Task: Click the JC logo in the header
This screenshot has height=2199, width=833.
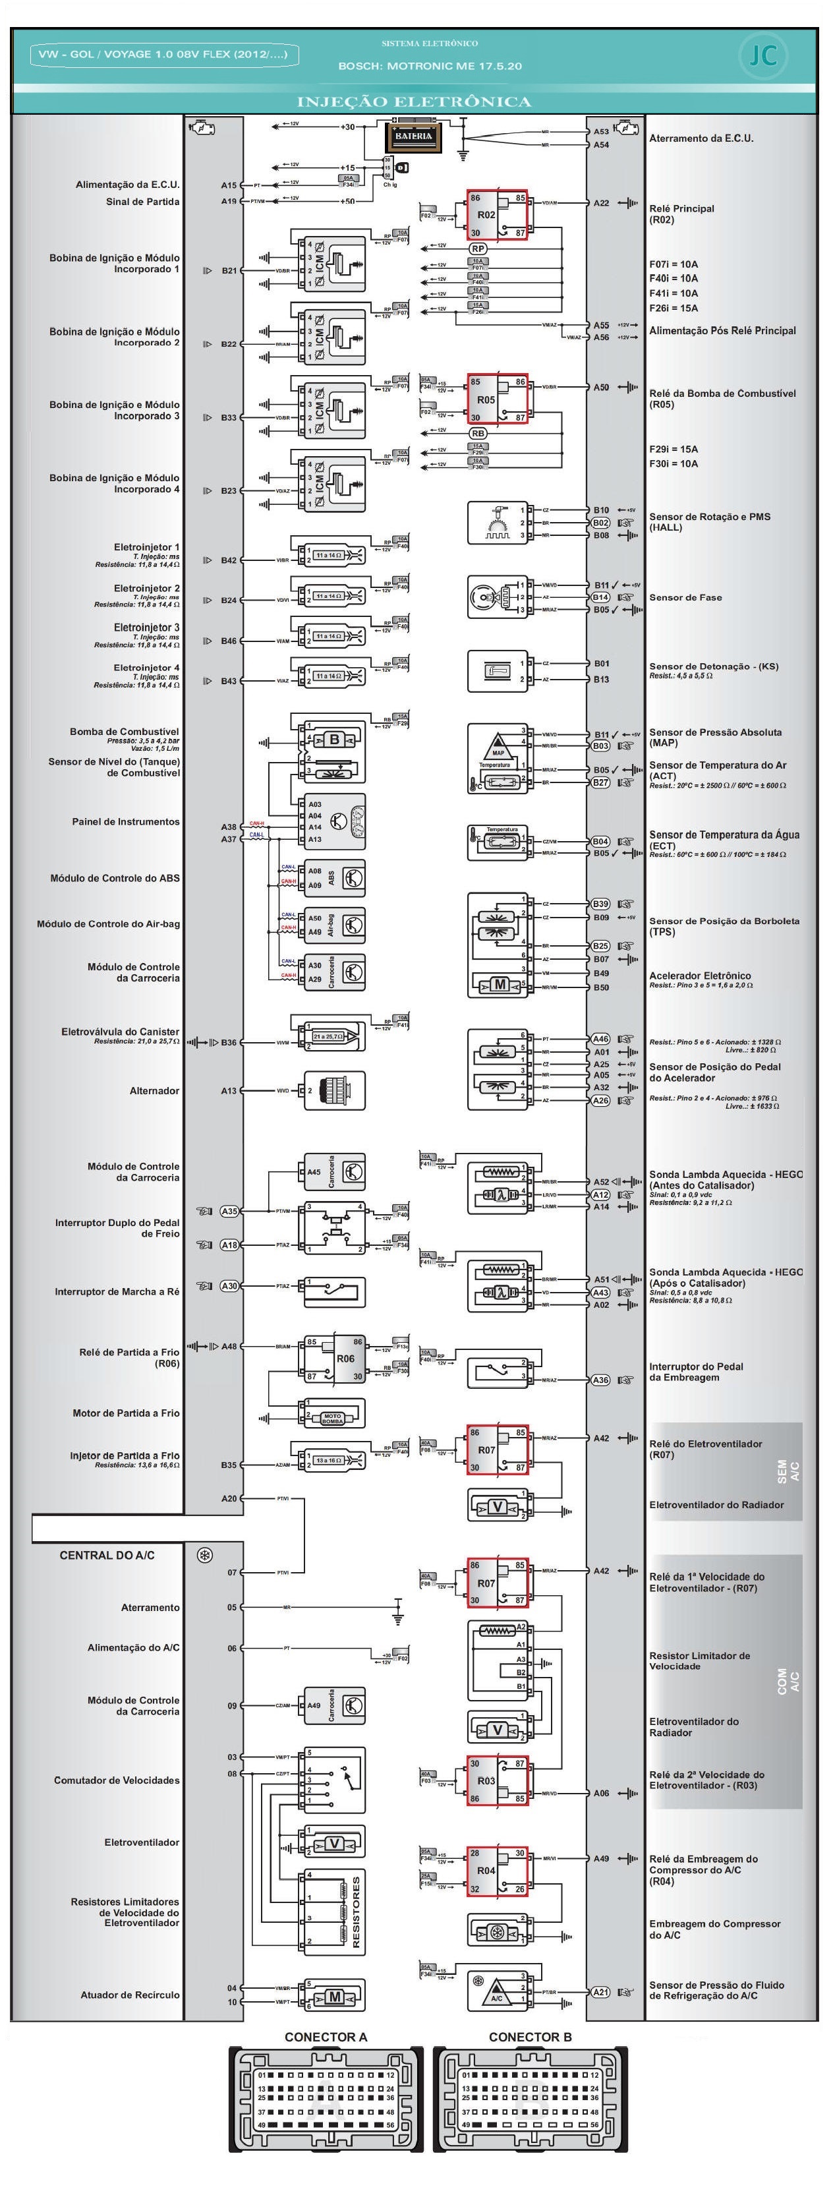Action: click(762, 56)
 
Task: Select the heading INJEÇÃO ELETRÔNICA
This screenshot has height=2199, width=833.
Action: click(414, 102)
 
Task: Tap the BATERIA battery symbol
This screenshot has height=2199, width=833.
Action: click(413, 137)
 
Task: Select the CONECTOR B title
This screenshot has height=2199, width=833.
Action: click(530, 2037)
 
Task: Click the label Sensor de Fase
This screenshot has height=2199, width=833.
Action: click(685, 598)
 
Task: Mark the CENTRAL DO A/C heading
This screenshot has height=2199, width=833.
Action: click(107, 1556)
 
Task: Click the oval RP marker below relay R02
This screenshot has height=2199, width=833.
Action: click(478, 249)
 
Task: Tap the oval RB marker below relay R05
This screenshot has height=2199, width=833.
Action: click(478, 434)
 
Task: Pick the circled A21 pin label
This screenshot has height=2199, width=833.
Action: click(601, 1991)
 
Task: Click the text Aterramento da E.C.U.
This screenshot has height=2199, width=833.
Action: click(701, 138)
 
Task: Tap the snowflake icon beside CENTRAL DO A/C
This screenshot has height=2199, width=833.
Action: click(205, 1556)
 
